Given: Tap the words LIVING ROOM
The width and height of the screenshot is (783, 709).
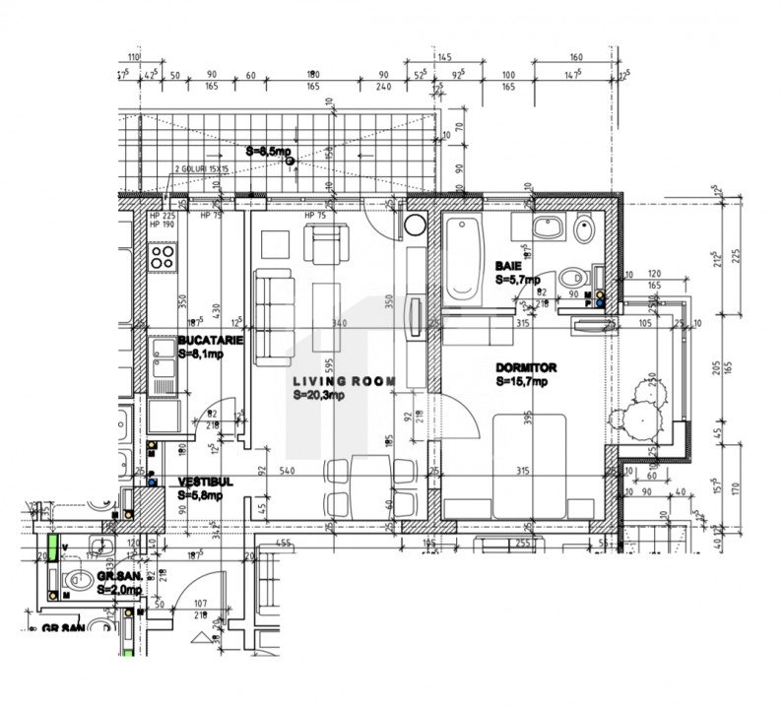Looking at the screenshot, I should pyautogui.click(x=344, y=381).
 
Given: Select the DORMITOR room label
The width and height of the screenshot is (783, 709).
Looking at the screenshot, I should pyautogui.click(x=526, y=367).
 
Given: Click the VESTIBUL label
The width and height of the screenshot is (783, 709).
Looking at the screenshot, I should pyautogui.click(x=205, y=483).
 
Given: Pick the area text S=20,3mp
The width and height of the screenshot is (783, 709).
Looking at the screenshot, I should pyautogui.click(x=319, y=394).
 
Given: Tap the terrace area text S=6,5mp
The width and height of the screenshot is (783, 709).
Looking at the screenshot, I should pyautogui.click(x=268, y=152).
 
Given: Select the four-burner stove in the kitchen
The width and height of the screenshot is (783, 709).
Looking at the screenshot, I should pyautogui.click(x=163, y=258).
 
